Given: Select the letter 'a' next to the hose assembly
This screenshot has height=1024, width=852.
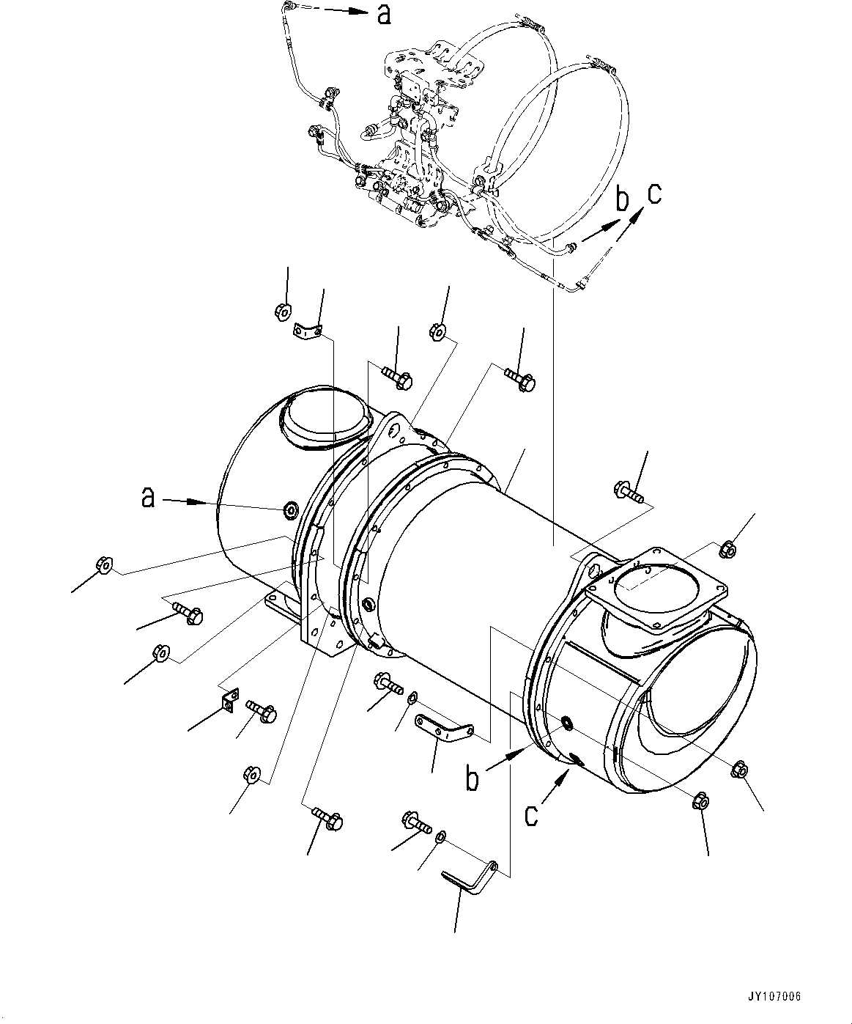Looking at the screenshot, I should tap(384, 14).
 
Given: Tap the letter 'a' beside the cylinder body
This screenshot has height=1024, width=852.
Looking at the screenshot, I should tap(149, 499).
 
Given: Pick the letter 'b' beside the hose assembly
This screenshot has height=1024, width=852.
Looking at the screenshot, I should tap(622, 199).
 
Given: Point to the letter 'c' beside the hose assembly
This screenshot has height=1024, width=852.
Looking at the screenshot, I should tap(653, 194).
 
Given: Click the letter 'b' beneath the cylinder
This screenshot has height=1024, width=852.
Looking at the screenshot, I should tap(473, 779).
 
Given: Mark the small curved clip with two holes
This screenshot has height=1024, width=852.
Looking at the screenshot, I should tap(308, 331).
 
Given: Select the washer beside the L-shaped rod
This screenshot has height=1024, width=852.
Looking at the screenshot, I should tap(441, 836).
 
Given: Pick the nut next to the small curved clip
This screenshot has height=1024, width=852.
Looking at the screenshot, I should tap(281, 309).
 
